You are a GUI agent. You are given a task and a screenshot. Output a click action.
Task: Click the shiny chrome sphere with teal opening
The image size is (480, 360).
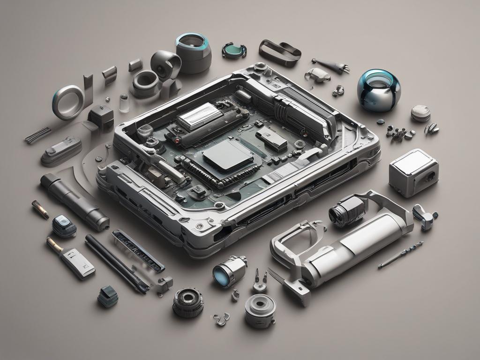pyautogui.click(x=379, y=90)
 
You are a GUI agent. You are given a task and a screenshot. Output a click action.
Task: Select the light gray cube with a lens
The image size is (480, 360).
pyautogui.click(x=413, y=172)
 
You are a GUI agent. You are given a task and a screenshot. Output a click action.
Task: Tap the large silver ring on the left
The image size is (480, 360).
pyautogui.click(x=68, y=102)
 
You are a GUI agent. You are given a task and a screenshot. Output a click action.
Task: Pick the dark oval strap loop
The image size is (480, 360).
pyautogui.click(x=280, y=52)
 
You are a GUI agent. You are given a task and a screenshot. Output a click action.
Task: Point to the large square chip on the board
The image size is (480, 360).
pyautogui.click(x=228, y=156)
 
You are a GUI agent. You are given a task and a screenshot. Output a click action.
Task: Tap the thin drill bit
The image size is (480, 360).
pyautogui.click(x=401, y=255)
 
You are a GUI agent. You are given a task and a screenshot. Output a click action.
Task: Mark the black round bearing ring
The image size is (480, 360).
pyautogui.click(x=188, y=302)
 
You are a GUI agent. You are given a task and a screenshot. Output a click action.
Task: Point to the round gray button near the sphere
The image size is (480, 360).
pyautogui.click(x=420, y=113)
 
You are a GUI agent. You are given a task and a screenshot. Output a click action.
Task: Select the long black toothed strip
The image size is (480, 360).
pyautogui.click(x=138, y=250)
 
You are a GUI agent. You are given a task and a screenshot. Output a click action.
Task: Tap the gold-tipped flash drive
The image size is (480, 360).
pyautogui.click(x=71, y=257)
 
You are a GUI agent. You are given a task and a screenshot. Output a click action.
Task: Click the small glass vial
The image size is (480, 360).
pyautogui.click(x=124, y=103)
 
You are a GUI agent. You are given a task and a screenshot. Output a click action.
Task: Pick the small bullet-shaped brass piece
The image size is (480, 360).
pyautogui.click(x=40, y=209)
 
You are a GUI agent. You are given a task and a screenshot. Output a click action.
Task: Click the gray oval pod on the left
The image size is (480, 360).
pyautogui.click(x=61, y=151)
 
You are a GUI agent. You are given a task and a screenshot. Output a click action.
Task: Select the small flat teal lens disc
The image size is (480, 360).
pyautogui.click(x=234, y=50)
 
